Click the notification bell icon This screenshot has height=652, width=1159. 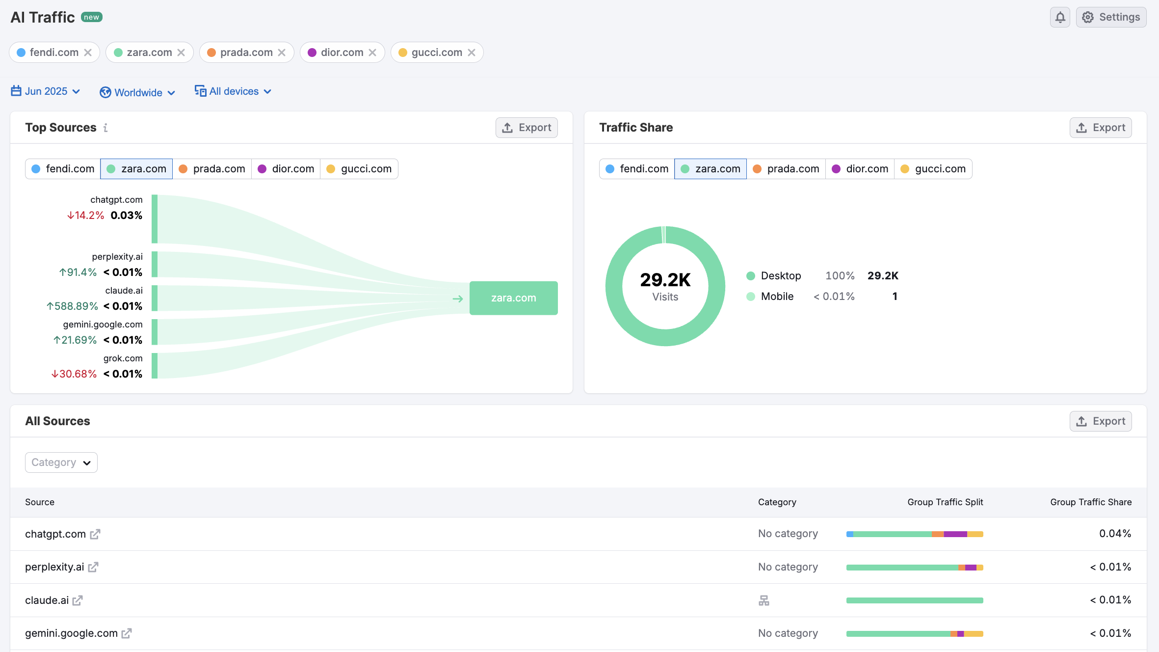click(x=1060, y=18)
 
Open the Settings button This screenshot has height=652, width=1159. click(x=1111, y=18)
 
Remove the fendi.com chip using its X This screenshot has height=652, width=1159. click(x=88, y=53)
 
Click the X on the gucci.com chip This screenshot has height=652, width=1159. click(x=472, y=53)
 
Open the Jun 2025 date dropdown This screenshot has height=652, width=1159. click(x=46, y=91)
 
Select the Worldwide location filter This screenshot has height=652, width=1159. click(x=137, y=92)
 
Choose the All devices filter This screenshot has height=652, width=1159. click(x=233, y=91)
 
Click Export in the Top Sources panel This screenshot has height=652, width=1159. click(x=527, y=128)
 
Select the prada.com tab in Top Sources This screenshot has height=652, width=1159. click(x=212, y=169)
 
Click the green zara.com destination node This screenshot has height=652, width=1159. click(x=513, y=298)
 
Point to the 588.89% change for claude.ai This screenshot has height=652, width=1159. click(x=73, y=306)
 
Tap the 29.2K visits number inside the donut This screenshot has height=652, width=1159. click(x=665, y=280)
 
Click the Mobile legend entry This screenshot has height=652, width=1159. click(x=777, y=297)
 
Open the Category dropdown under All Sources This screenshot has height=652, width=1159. click(x=61, y=462)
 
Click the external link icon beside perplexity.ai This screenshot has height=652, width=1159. click(x=93, y=567)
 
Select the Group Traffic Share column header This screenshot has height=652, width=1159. click(x=1090, y=502)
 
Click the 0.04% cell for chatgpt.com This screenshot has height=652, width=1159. click(x=1115, y=534)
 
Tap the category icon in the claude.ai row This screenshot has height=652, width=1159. click(x=764, y=600)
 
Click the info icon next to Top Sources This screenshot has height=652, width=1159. click(x=105, y=128)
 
